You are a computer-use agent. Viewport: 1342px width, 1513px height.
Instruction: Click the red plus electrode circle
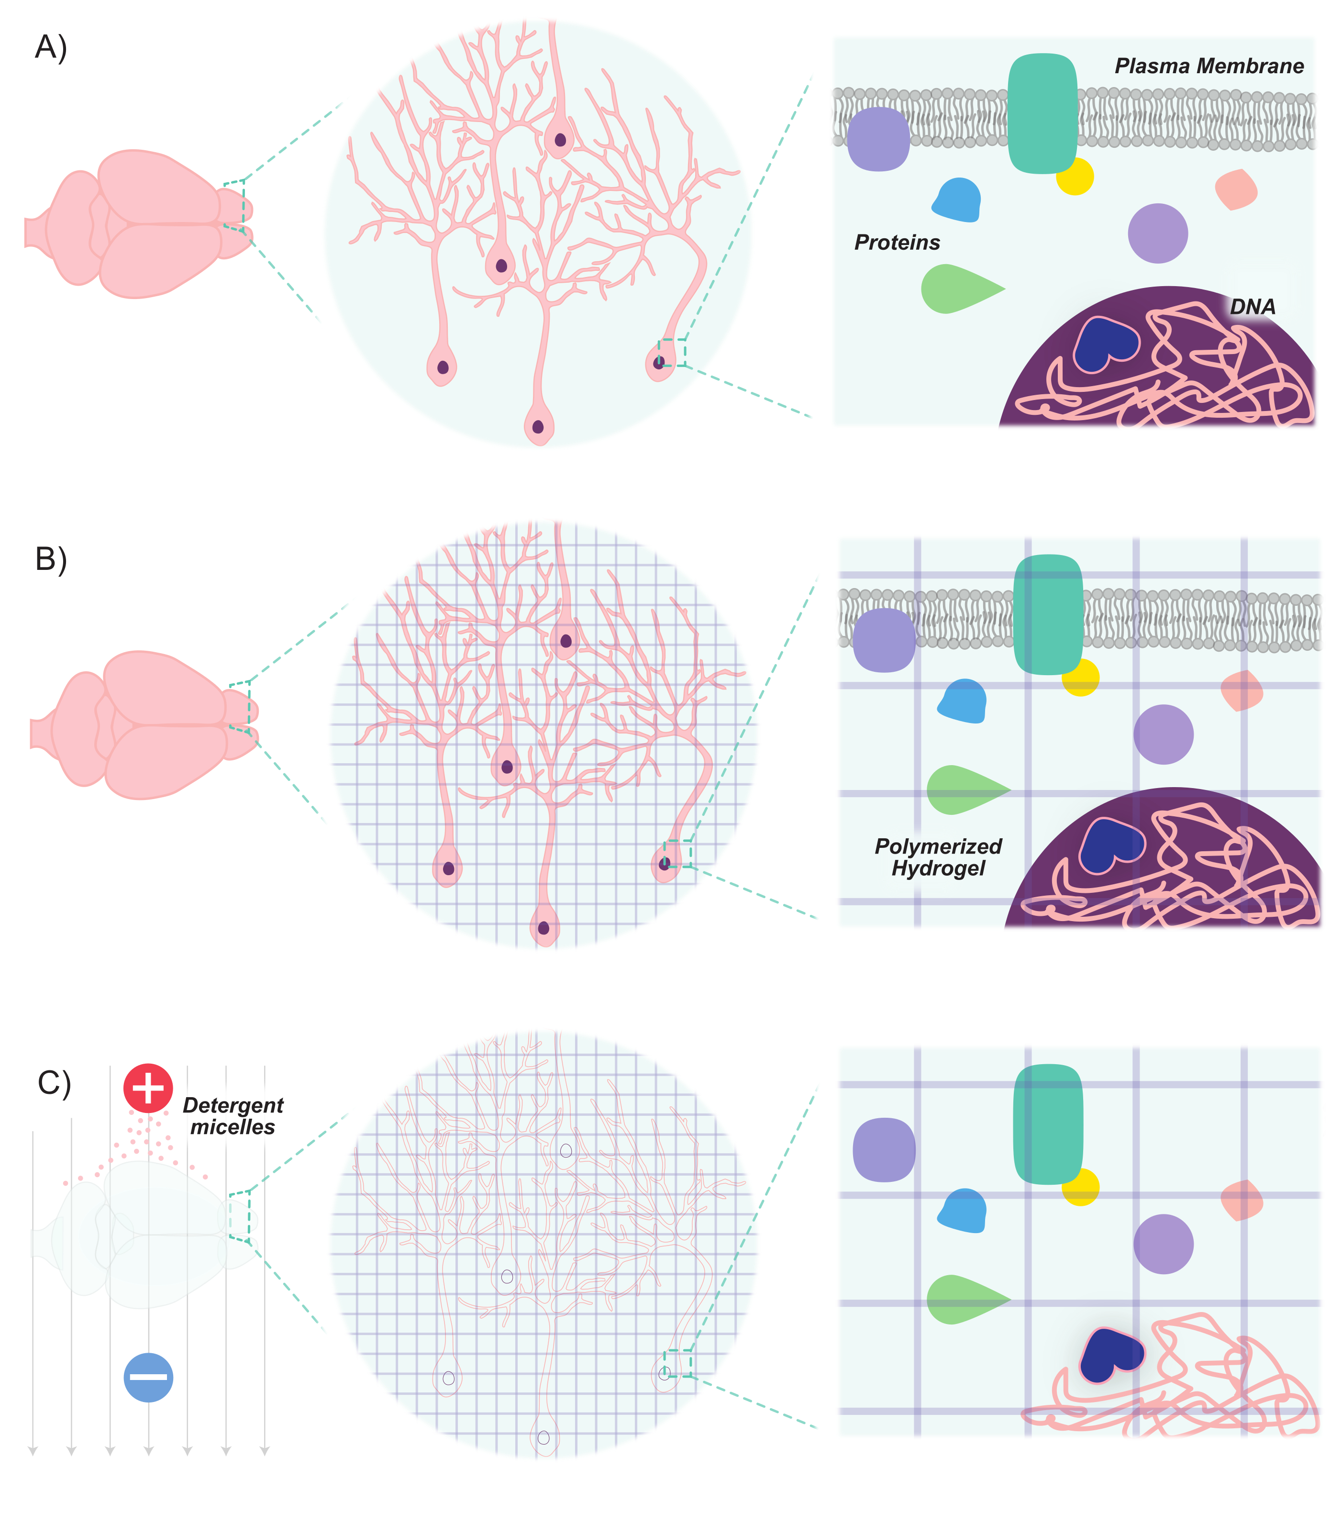click(148, 1088)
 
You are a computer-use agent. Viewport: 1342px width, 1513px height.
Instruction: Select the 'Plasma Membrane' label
click(1209, 66)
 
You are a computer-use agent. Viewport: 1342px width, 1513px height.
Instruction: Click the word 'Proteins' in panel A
click(897, 242)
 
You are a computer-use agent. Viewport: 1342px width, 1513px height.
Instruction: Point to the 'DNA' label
click(1253, 306)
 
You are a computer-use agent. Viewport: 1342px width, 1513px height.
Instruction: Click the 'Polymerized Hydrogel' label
click(938, 857)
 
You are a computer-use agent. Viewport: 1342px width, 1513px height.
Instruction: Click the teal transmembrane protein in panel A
click(1042, 113)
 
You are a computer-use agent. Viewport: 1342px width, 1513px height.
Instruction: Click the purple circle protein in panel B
click(1163, 734)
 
